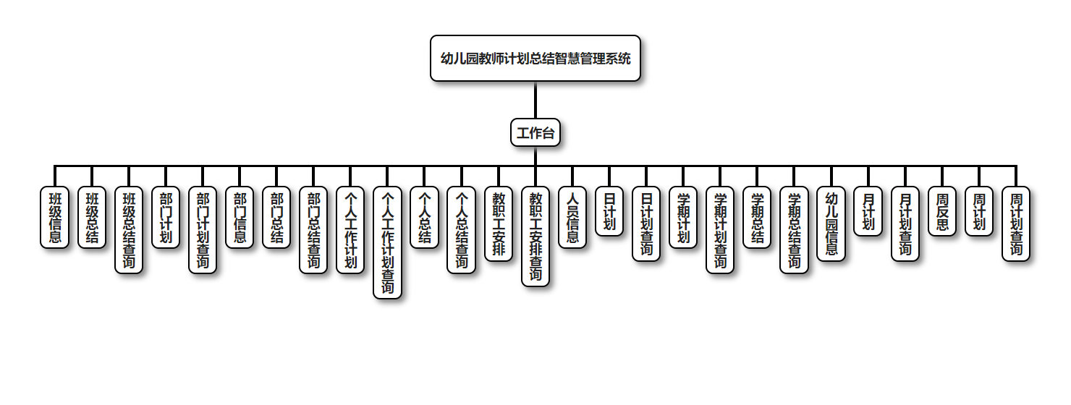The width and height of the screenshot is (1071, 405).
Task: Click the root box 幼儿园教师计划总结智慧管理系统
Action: pos(535,59)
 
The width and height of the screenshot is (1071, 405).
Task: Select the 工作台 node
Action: pos(535,132)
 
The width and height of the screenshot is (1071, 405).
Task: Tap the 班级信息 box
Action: pos(55,217)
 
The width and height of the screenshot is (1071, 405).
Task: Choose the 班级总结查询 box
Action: pos(129,230)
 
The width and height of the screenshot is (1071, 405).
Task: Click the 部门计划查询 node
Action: pos(203,230)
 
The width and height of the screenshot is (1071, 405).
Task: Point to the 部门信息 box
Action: pos(240,217)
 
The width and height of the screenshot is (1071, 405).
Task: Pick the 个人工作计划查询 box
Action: pos(387,242)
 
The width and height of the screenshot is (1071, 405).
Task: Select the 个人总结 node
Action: pos(424,217)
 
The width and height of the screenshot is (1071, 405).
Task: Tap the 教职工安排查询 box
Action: pos(535,236)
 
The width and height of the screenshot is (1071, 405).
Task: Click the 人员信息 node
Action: pos(572,217)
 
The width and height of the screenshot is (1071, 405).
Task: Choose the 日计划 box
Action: pos(609,211)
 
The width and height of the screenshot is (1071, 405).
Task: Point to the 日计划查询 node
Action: pos(646,223)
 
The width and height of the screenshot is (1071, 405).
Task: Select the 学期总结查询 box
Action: pos(794,230)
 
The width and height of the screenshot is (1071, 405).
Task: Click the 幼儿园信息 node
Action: pos(831,223)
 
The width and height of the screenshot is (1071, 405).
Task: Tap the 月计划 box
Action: pos(868,211)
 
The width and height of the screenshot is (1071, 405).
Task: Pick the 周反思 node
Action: pos(941,211)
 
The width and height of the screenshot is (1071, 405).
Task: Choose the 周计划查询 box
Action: pos(1015,223)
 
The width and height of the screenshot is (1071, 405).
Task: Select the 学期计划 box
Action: pos(683,217)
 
